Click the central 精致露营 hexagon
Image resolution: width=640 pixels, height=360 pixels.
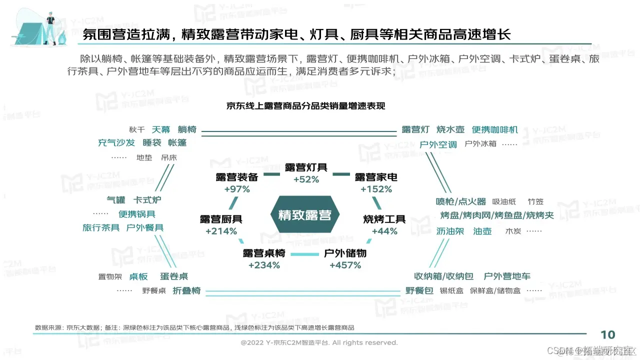[304, 215]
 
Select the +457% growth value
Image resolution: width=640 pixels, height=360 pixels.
[345, 265]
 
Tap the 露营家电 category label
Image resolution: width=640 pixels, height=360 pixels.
[376, 177]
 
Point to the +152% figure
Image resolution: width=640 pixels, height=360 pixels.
[376, 189]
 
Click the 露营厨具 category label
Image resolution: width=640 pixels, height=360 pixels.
[221, 219]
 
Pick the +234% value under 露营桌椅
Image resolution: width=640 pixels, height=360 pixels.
[264, 265]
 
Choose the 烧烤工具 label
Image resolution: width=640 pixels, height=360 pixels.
[384, 219]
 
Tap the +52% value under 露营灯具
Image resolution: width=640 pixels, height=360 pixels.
[306, 179]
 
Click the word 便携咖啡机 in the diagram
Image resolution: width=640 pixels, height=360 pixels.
[495, 130]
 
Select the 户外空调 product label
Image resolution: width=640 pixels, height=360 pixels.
[438, 144]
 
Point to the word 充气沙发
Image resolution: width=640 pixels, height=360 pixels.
[116, 143]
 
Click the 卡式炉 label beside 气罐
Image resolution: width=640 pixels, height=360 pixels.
[147, 200]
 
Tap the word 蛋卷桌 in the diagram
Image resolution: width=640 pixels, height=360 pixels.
[174, 276]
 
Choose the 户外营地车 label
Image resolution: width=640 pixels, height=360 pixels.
[507, 276]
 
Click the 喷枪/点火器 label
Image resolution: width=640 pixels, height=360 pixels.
[461, 201]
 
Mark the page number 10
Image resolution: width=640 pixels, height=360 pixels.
[607, 335]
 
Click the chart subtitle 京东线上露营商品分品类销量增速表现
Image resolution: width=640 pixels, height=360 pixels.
[305, 106]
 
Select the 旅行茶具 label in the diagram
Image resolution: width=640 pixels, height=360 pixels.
[101, 228]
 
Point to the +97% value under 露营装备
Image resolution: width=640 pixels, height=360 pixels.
[237, 189]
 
